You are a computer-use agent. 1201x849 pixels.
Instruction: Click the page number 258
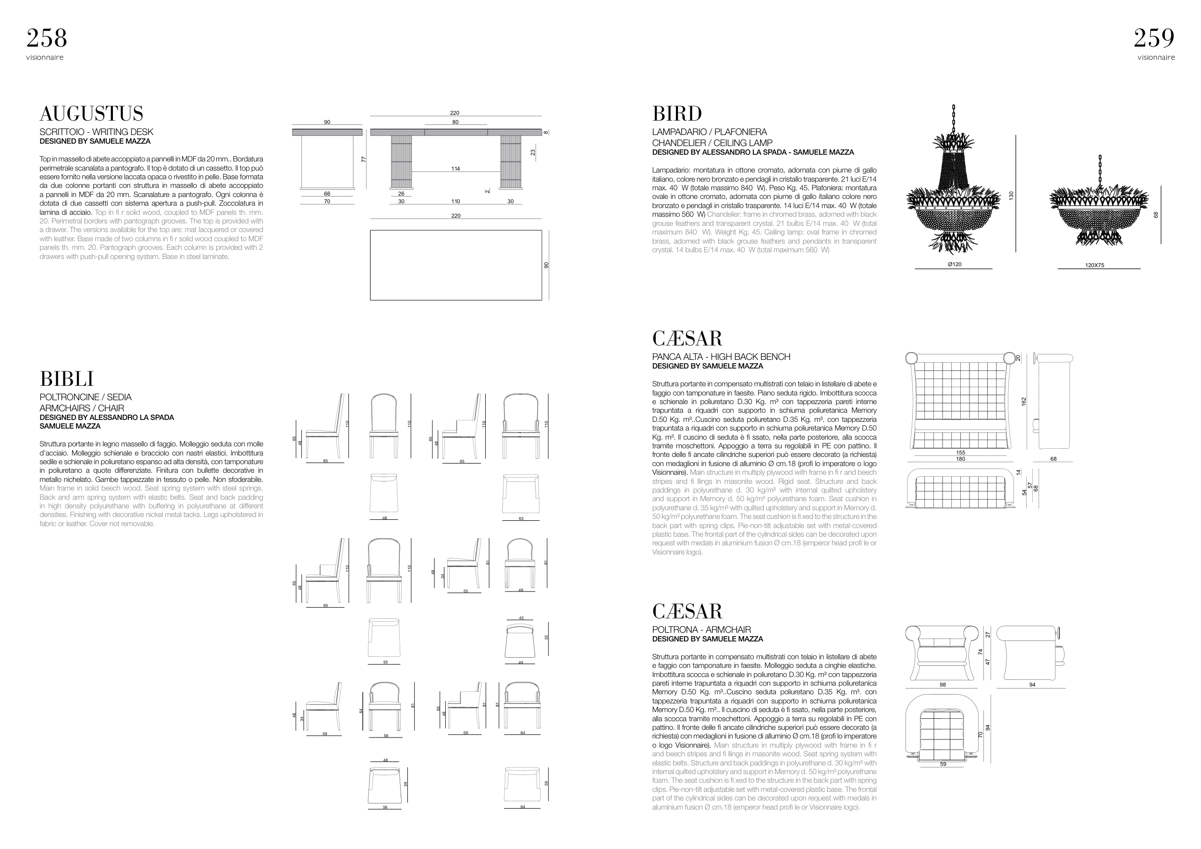point(47,38)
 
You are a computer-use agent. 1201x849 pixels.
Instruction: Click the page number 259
point(1154,38)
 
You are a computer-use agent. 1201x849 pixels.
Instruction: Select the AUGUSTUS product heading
point(92,113)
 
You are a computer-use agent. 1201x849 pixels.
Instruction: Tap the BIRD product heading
point(677,113)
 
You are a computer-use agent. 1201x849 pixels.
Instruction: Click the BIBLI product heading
point(66,379)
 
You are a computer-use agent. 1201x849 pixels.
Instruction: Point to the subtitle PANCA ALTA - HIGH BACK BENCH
point(721,357)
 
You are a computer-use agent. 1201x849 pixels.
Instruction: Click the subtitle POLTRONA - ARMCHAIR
point(701,630)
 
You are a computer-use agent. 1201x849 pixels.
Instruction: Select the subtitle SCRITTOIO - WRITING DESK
point(96,132)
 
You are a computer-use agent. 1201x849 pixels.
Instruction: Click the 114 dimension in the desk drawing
point(455,169)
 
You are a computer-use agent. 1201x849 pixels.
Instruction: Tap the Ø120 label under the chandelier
point(955,265)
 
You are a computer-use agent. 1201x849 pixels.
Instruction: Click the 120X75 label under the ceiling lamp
point(1094,266)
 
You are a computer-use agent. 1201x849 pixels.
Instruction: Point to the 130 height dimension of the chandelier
point(1011,196)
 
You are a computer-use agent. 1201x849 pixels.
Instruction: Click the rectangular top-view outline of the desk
point(455,265)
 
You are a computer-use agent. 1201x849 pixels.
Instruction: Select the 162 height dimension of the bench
point(1024,401)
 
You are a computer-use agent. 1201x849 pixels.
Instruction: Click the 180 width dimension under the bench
point(960,459)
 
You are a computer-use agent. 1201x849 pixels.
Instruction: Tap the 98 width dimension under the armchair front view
point(943,685)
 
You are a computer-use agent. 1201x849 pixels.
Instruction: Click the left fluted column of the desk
point(401,160)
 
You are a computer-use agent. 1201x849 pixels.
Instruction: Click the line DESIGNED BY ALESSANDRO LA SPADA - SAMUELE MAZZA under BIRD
point(753,152)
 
